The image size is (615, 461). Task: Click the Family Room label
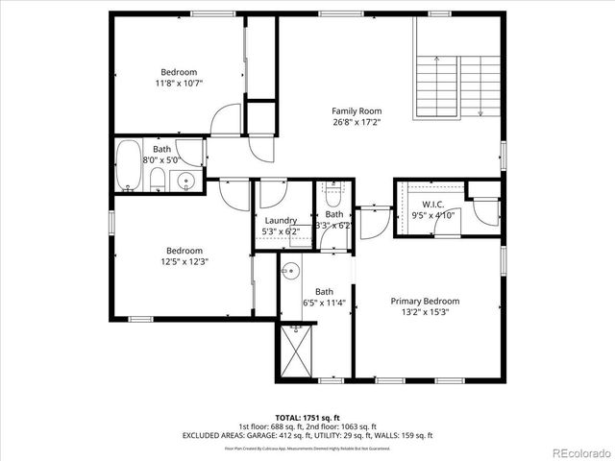point(357,110)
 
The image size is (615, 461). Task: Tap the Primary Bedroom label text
point(424,301)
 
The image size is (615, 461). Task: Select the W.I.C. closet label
point(424,204)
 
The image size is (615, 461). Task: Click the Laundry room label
point(282,220)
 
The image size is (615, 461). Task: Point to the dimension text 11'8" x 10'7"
point(179,84)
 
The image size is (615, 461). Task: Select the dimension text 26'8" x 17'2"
point(357,122)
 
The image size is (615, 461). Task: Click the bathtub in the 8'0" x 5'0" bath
point(128,166)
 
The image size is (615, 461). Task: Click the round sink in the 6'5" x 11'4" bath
point(290,272)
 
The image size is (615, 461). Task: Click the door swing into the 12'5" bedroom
point(234,192)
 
